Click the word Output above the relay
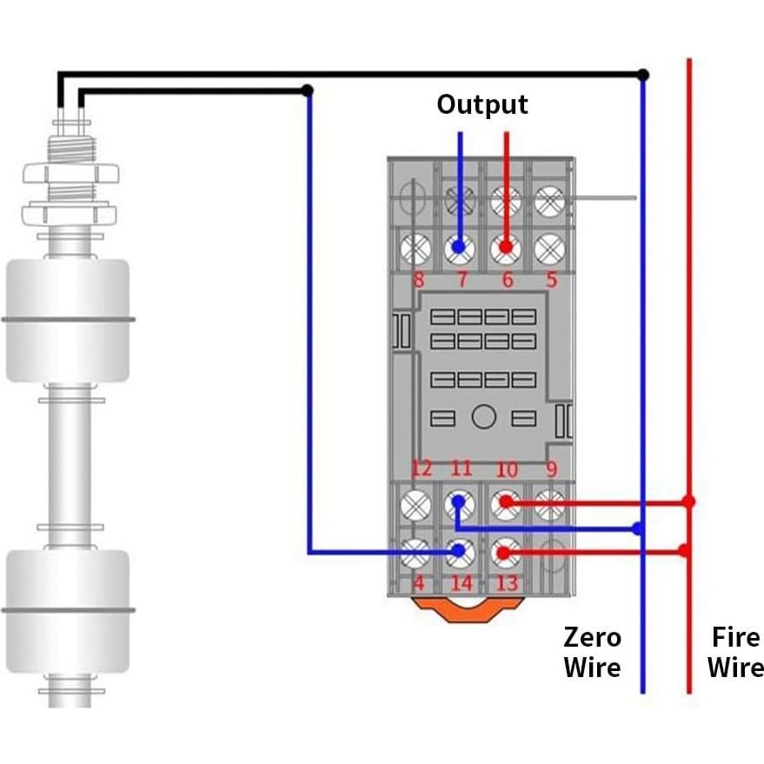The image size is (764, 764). (x=482, y=104)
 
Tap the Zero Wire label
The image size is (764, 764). (x=592, y=652)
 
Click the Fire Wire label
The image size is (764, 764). (x=735, y=652)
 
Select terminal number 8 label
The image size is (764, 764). (x=418, y=281)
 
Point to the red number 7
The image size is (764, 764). (x=462, y=281)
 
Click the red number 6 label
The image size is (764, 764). (x=507, y=281)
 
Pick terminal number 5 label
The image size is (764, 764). (x=550, y=281)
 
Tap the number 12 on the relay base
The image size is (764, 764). (x=421, y=469)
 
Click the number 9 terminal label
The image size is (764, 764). (x=551, y=470)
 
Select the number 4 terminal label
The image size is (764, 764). (x=418, y=582)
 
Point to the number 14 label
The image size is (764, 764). (x=461, y=582)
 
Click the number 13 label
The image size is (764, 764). (x=506, y=582)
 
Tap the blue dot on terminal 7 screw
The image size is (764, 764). (x=459, y=249)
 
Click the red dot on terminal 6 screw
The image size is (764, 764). (x=505, y=249)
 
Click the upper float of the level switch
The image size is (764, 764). (x=68, y=320)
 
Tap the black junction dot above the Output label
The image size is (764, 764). (x=307, y=90)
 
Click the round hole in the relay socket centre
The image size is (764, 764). (x=483, y=417)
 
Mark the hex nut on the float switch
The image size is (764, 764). (x=68, y=171)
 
